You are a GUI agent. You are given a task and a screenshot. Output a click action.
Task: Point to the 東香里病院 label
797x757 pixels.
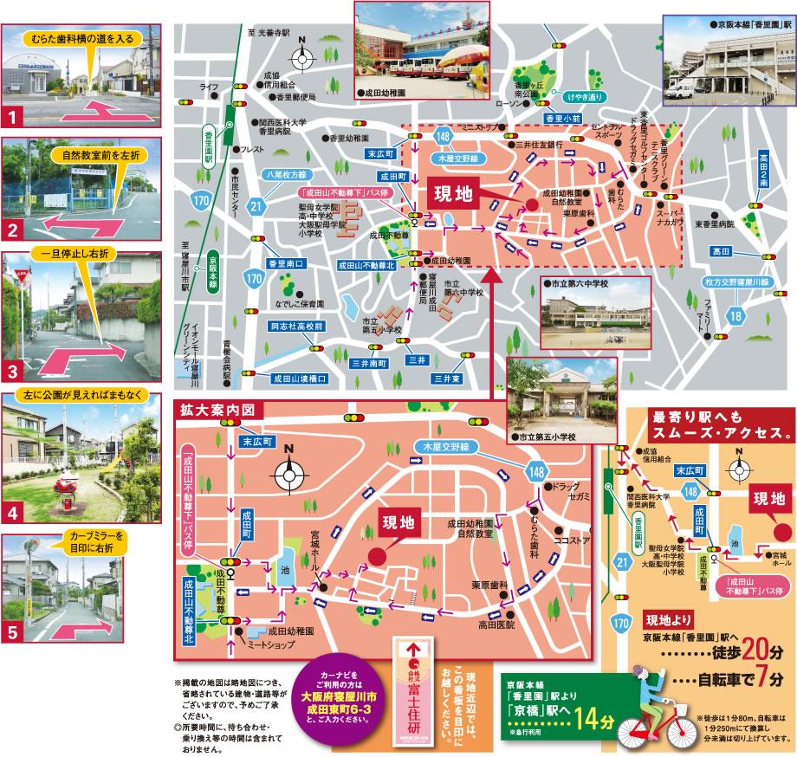[713, 223]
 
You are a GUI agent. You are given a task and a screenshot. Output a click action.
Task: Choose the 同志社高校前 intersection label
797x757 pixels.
[295, 327]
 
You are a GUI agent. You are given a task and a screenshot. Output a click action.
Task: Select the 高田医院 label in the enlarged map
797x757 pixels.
[496, 624]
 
